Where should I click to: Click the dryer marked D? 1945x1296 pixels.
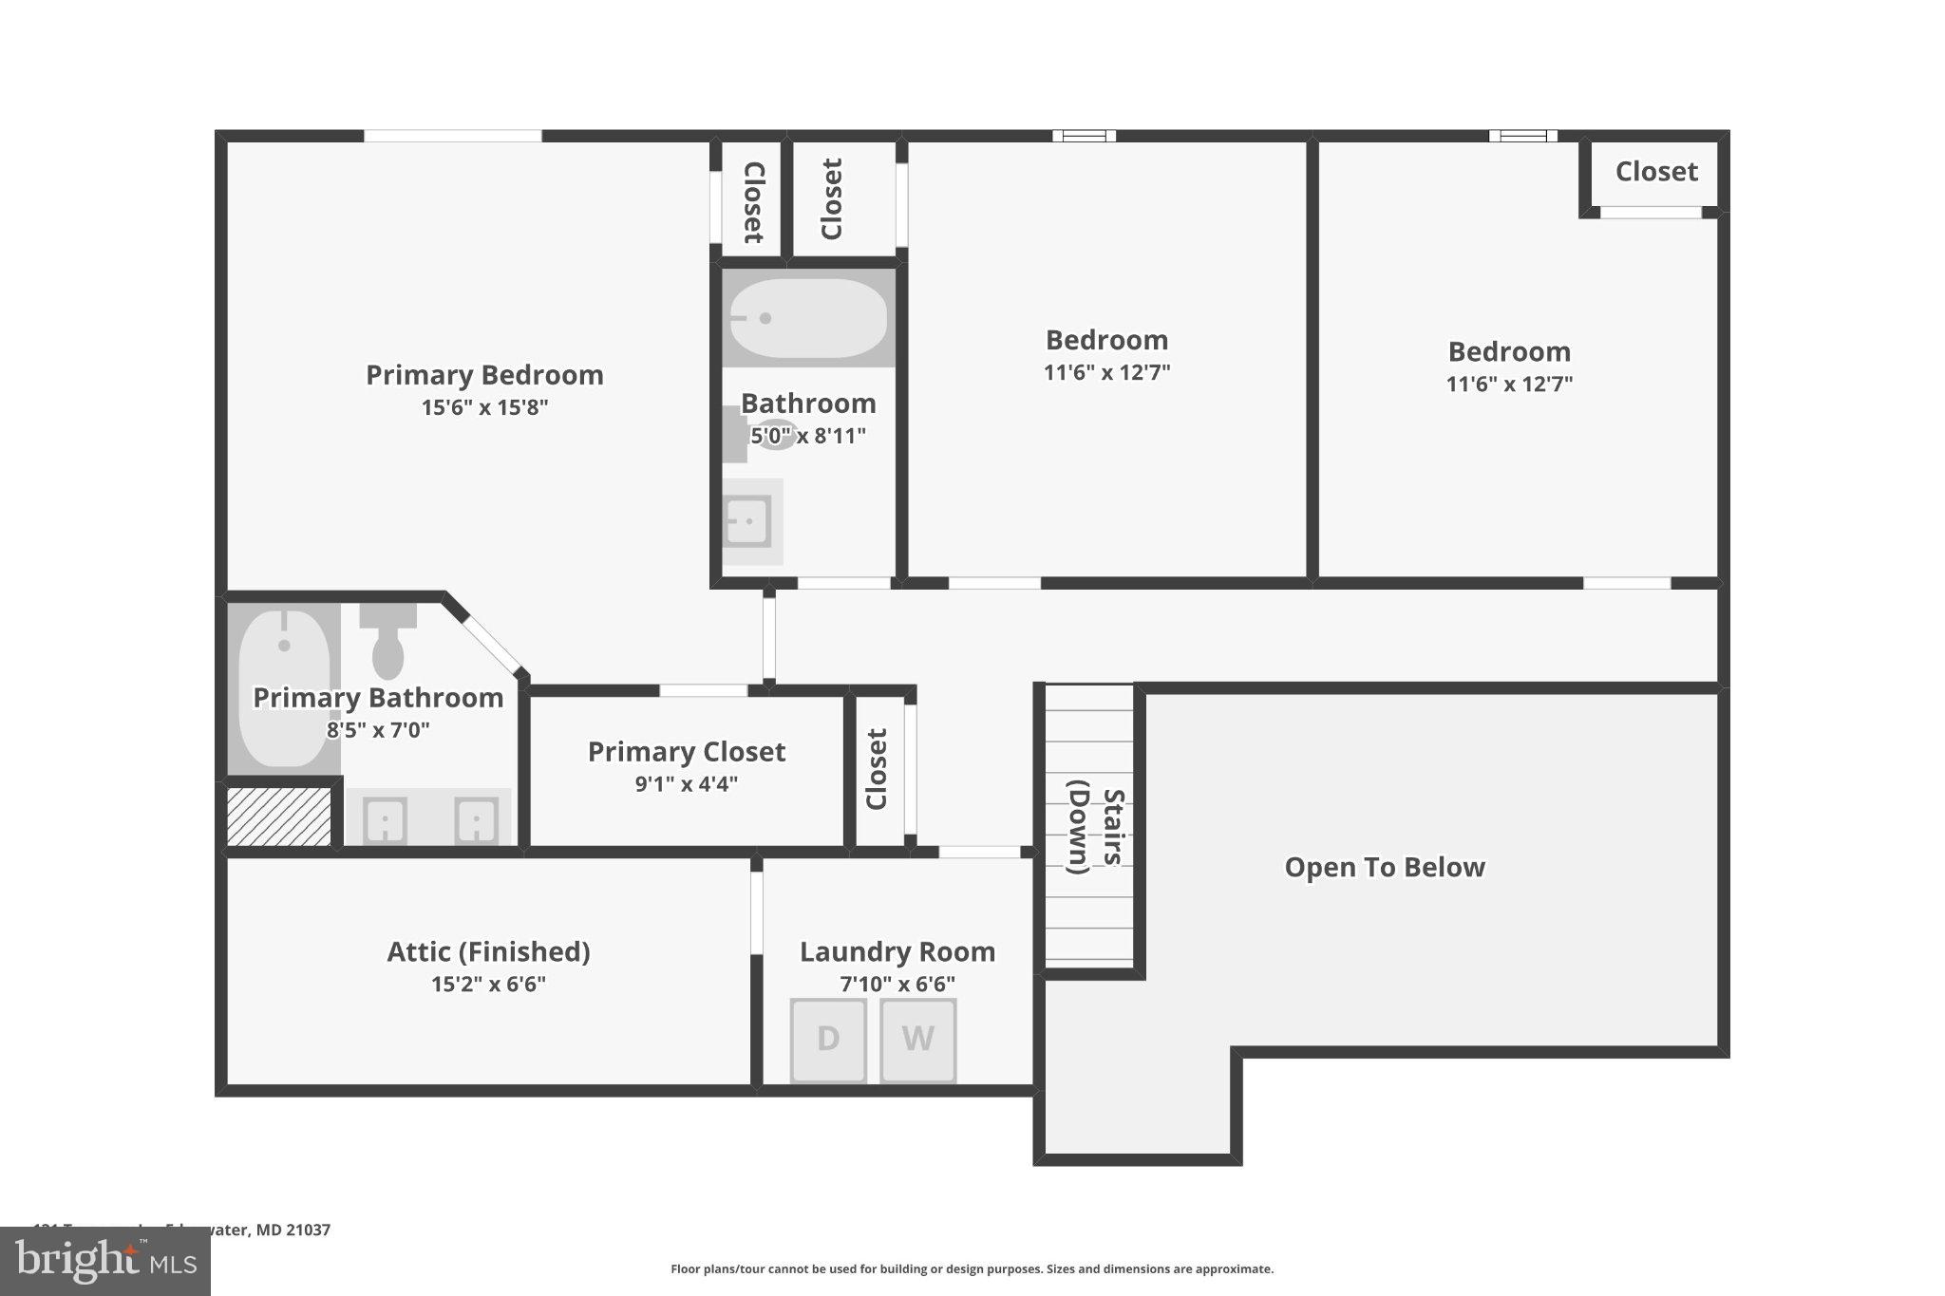pos(828,1040)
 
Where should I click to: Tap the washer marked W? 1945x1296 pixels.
pos(917,1040)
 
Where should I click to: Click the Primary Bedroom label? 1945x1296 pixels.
pos(484,375)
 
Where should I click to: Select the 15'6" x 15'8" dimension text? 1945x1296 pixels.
pos(484,407)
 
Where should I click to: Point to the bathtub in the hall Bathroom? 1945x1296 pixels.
pos(807,318)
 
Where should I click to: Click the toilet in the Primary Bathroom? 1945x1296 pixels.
pos(387,641)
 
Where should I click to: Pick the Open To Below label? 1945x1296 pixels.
pos(1384,867)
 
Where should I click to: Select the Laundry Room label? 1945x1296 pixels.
pos(897,951)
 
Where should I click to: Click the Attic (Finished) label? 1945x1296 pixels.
pos(488,951)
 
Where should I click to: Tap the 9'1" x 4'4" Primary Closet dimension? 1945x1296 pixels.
pos(686,784)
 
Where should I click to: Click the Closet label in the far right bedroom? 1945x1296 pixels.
pos(1655,172)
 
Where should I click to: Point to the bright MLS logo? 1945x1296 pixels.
pos(105,1262)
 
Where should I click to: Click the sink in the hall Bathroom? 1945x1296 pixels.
pos(747,521)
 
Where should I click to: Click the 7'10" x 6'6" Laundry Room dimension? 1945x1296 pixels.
pos(897,984)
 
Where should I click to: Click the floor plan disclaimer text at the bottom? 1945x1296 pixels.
pos(972,1268)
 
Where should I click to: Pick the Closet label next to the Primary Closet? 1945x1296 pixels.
pos(877,769)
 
